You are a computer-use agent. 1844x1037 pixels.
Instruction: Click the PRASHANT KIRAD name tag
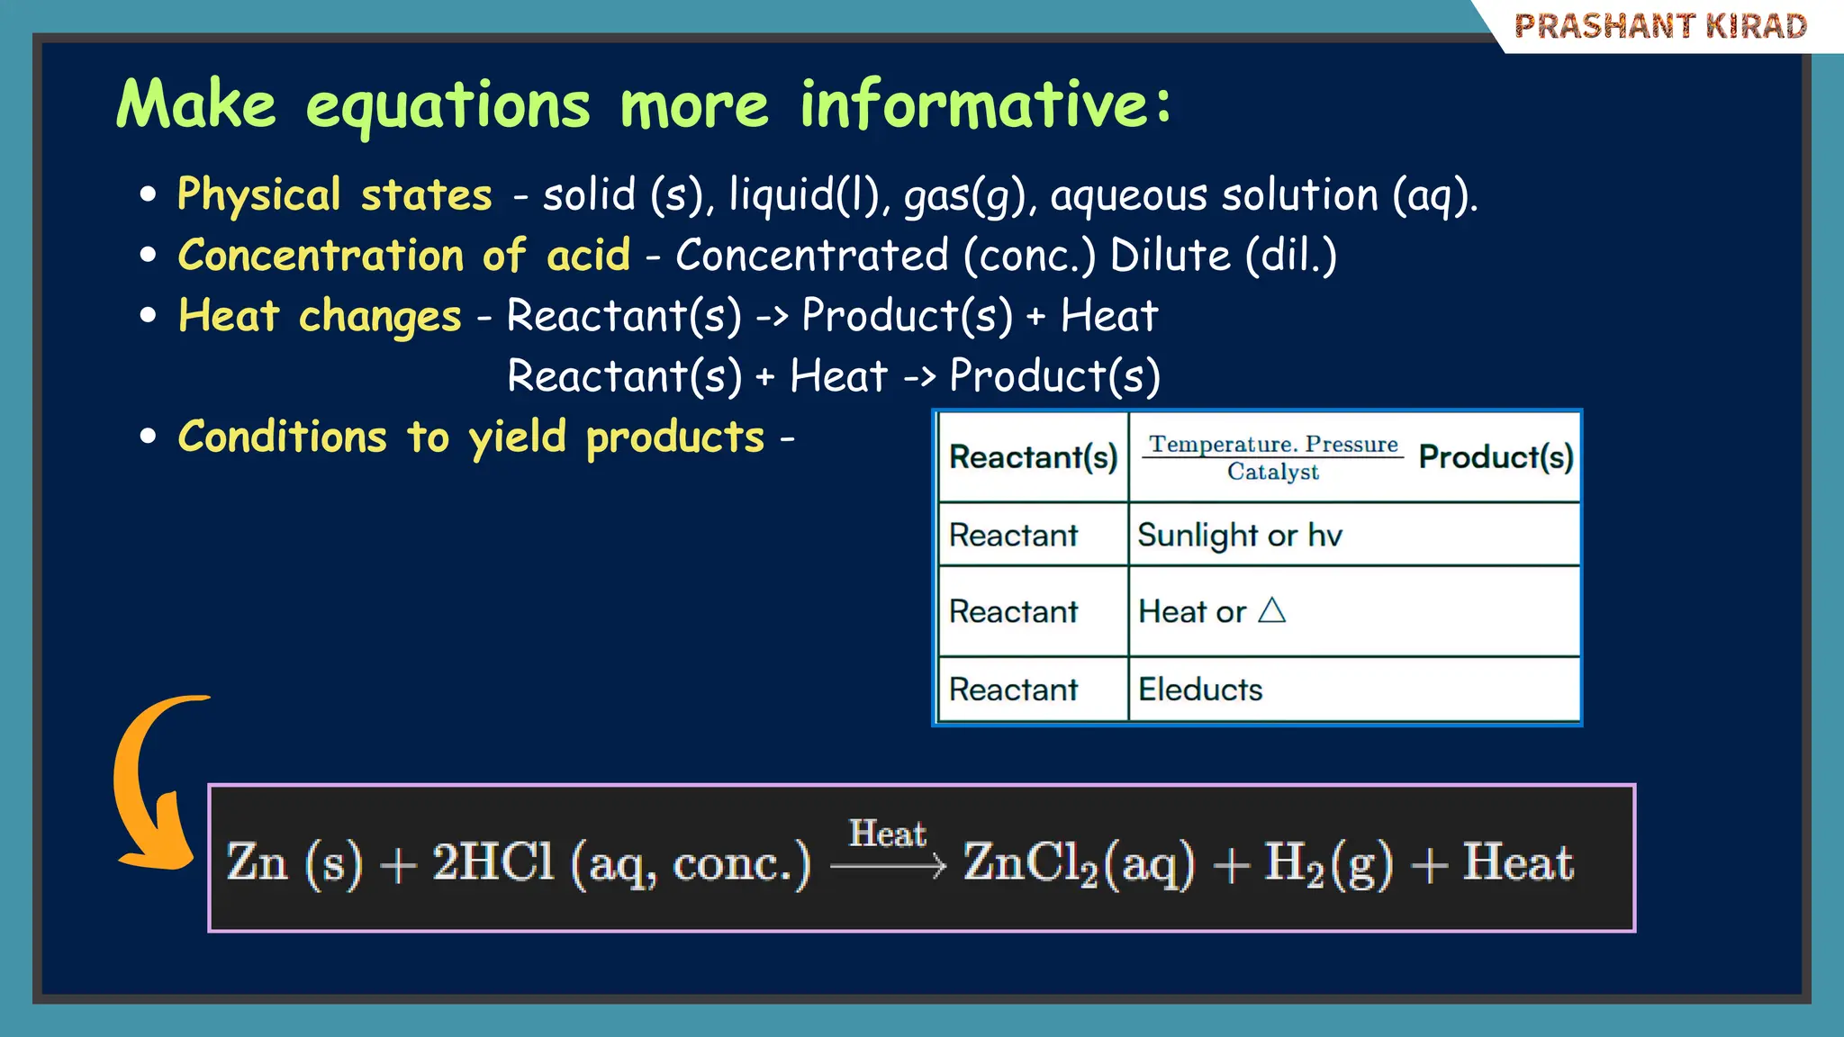(x=1659, y=26)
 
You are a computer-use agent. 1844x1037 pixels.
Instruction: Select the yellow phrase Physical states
(x=334, y=194)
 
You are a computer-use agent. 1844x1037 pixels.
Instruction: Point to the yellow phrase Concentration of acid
(x=403, y=255)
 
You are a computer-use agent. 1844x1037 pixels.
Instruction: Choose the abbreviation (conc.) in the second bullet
(x=1029, y=256)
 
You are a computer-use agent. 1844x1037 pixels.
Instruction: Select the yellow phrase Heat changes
(x=320, y=316)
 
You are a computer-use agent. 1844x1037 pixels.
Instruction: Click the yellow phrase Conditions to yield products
(x=470, y=437)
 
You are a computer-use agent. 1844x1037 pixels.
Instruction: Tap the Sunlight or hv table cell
(x=1239, y=536)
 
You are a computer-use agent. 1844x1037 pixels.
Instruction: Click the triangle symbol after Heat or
(x=1271, y=611)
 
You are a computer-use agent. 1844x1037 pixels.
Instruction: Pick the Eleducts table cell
(x=1199, y=690)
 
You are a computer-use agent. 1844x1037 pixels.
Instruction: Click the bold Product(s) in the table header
(x=1495, y=457)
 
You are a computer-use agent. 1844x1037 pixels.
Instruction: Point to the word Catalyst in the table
(x=1272, y=472)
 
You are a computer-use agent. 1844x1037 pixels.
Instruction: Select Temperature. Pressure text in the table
(x=1272, y=444)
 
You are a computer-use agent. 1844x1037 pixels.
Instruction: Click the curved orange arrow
(x=149, y=783)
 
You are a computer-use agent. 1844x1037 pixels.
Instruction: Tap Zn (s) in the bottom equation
(x=294, y=862)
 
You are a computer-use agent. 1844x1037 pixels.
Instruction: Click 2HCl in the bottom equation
(x=493, y=861)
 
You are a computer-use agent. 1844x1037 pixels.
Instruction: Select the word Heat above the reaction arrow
(x=887, y=834)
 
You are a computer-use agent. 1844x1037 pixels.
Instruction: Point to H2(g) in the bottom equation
(x=1327, y=863)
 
